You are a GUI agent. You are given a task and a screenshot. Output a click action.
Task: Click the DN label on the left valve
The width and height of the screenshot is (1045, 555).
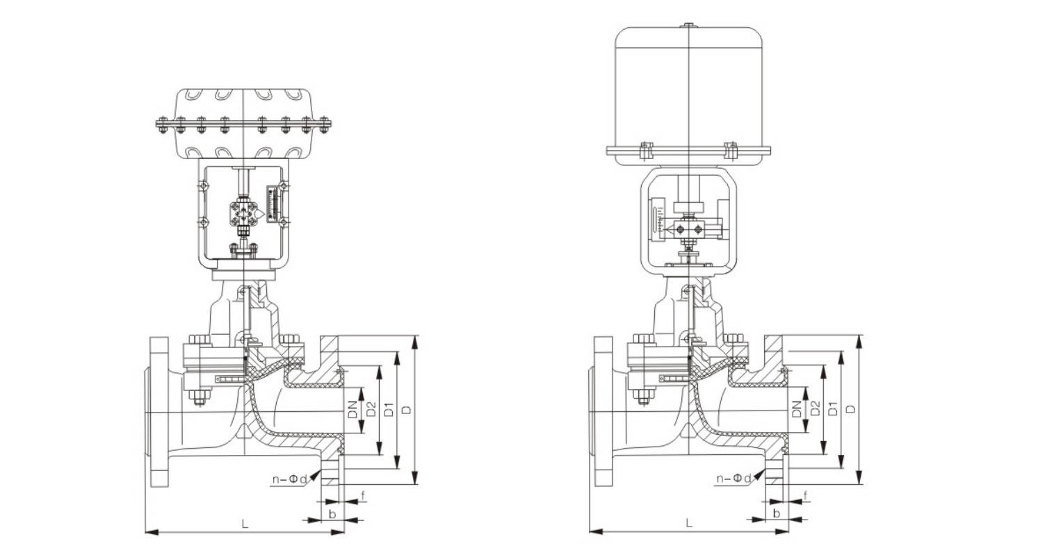pos(353,409)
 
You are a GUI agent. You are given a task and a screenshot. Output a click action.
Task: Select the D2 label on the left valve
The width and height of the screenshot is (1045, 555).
pos(371,409)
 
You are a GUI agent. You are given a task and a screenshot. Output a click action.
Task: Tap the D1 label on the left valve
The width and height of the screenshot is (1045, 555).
pos(389,409)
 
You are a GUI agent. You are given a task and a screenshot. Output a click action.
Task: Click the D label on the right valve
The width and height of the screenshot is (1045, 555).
pos(852,408)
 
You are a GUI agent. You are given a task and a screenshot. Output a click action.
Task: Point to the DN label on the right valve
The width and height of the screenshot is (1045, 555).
pos(797,409)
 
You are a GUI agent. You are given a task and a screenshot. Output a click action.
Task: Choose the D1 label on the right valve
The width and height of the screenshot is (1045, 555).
pos(833,409)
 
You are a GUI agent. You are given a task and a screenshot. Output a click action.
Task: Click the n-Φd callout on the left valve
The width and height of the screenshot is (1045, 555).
pos(290,479)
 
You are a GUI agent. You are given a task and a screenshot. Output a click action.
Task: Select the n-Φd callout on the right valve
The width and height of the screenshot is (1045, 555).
pos(734,479)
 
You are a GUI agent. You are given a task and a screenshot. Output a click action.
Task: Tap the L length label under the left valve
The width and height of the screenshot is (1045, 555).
pos(245,524)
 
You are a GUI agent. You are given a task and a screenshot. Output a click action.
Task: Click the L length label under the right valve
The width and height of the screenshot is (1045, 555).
pos(689,524)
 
